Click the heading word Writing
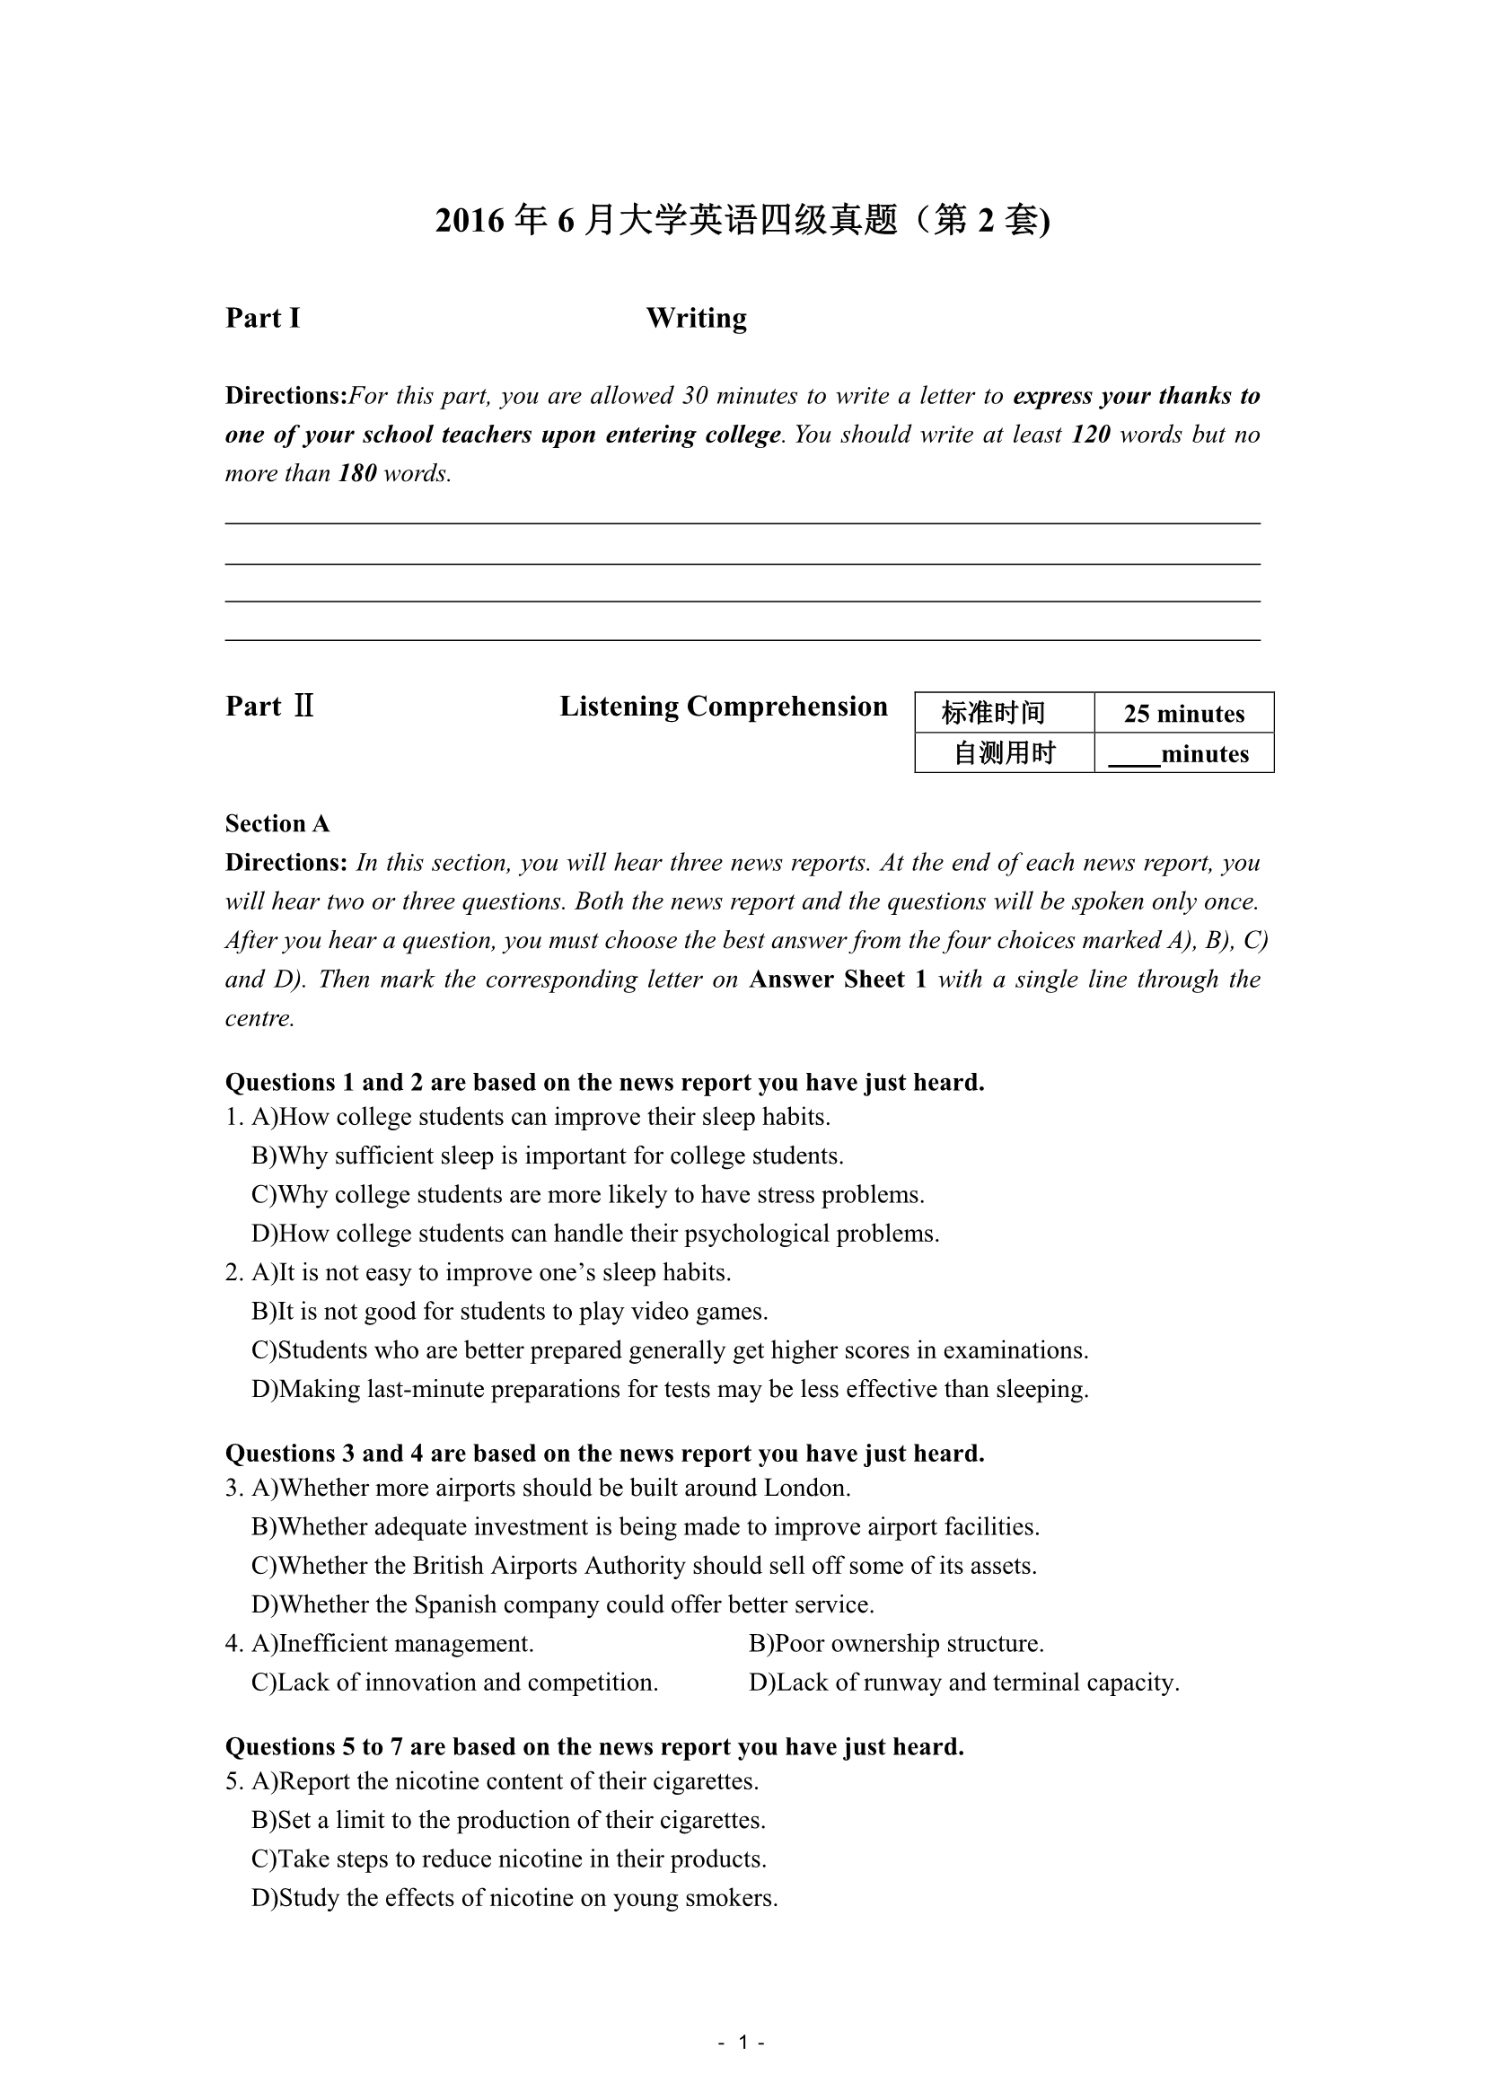696,319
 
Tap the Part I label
262,319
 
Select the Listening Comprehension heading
724,706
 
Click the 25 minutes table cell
1183,714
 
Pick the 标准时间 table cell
1004,714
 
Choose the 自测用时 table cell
1004,753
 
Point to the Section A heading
277,824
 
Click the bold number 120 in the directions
1090,435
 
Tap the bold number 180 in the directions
357,474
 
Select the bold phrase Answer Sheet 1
838,980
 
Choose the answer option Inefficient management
405,1644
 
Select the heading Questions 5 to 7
594,1747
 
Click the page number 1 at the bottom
742,2043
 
